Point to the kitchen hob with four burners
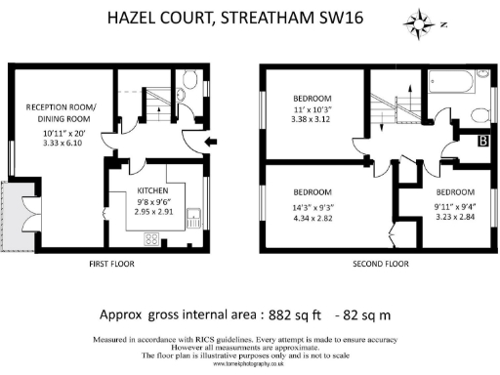(x=152, y=236)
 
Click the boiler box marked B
(x=480, y=143)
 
